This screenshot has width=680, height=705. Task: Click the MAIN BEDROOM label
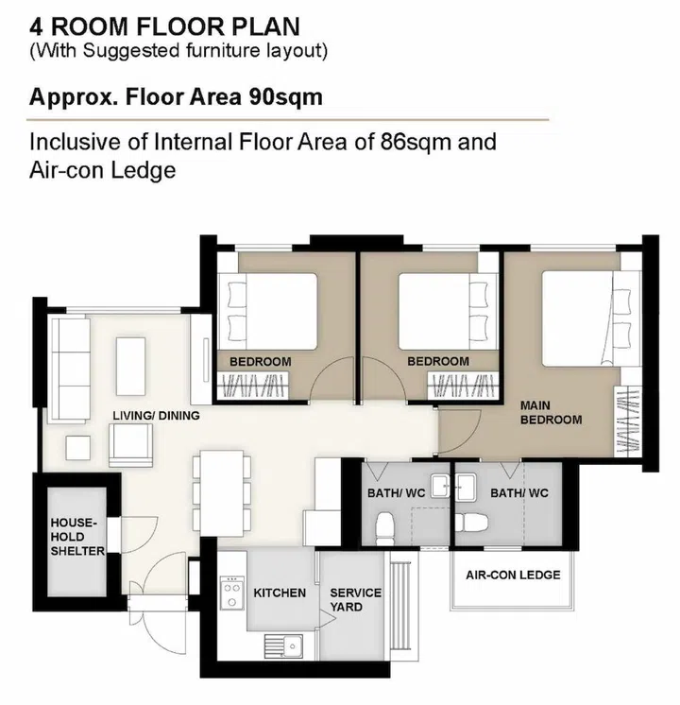click(x=551, y=412)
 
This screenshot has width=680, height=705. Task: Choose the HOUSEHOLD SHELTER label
click(x=75, y=536)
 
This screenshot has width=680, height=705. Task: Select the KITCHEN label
click(x=280, y=593)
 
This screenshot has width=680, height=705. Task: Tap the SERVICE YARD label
click(x=355, y=599)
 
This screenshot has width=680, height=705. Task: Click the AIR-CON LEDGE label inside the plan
click(x=513, y=575)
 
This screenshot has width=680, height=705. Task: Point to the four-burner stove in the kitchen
click(x=230, y=593)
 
